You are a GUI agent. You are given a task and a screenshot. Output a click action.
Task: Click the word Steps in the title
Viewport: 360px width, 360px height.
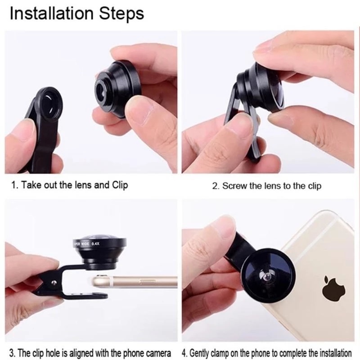point(121,14)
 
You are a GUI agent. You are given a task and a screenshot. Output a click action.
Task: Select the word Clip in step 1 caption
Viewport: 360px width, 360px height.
point(120,185)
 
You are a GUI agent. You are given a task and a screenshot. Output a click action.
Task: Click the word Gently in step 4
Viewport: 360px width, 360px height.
point(199,353)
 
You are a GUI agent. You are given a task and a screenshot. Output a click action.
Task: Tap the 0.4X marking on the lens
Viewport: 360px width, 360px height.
point(95,243)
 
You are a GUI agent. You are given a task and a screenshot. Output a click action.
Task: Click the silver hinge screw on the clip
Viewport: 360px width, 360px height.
point(53,282)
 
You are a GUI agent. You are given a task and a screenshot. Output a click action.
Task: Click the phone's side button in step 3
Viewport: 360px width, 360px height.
point(147,282)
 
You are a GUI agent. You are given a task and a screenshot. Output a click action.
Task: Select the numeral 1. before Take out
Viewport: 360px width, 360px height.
point(15,185)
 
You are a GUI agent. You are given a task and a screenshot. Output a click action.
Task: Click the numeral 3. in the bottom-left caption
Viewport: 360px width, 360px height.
point(13,353)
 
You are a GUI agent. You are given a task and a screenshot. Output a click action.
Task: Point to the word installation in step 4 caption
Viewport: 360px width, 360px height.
point(336,352)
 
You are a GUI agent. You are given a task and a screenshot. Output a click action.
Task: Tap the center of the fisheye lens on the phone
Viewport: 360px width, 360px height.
point(267,276)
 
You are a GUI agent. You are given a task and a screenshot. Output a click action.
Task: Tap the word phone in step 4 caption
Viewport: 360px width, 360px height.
point(251,353)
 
